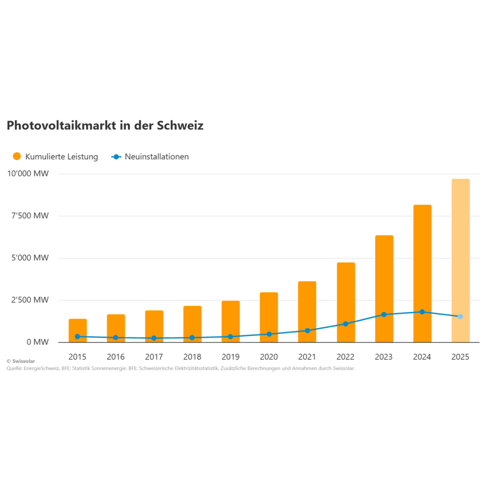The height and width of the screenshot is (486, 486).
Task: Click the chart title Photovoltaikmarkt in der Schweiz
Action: point(105,125)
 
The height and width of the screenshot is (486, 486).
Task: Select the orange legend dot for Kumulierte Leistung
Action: point(16,157)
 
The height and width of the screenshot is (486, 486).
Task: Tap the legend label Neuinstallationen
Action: point(157,157)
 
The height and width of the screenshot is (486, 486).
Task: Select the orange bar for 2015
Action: point(78,330)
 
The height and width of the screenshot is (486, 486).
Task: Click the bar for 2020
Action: point(269,318)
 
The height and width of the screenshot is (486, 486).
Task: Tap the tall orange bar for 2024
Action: point(422,273)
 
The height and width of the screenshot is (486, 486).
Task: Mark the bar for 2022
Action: point(346,302)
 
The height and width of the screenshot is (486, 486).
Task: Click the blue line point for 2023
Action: point(384,314)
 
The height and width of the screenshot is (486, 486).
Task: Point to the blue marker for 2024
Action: point(422,312)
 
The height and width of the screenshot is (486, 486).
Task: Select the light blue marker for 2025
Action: point(461,316)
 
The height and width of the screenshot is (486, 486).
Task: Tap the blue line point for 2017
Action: point(154,338)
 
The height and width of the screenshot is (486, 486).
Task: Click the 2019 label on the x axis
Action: point(231,357)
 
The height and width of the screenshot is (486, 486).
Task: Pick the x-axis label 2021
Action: point(307,357)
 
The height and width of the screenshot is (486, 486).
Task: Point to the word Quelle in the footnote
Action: point(15,368)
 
